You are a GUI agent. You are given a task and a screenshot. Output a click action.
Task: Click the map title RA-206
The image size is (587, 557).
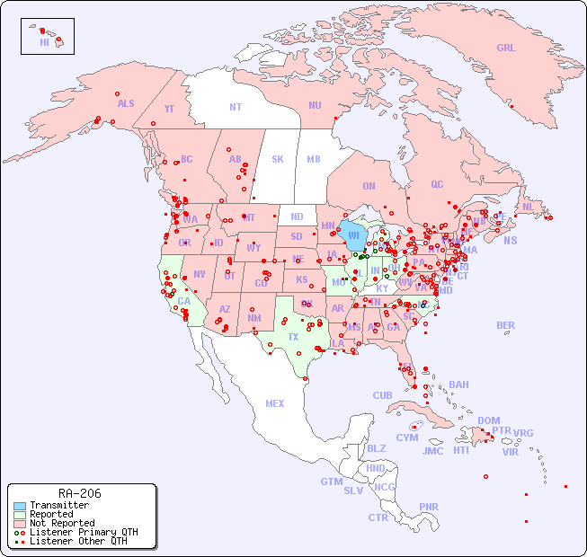(x=79, y=493)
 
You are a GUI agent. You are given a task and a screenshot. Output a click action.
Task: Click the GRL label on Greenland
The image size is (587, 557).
(x=506, y=49)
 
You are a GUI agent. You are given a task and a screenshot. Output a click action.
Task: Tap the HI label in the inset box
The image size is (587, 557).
(x=44, y=41)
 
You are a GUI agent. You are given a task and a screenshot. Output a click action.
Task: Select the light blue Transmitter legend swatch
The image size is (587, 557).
(x=19, y=506)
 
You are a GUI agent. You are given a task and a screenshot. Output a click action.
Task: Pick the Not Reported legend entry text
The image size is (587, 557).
(x=61, y=523)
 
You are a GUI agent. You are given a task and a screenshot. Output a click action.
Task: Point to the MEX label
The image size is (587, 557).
(x=275, y=403)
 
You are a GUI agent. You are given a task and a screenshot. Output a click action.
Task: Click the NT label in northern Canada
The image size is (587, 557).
(x=236, y=106)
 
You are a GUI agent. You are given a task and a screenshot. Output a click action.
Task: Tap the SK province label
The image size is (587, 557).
(x=278, y=159)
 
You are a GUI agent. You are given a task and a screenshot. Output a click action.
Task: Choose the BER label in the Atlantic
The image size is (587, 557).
(x=506, y=325)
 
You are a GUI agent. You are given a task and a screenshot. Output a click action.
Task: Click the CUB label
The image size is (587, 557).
(x=382, y=395)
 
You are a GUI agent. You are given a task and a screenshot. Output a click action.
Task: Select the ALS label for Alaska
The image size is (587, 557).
(x=126, y=103)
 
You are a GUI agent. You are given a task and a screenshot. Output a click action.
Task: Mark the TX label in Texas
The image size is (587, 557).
(x=293, y=337)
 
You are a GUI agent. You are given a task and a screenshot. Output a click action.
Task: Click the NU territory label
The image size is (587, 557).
(x=315, y=105)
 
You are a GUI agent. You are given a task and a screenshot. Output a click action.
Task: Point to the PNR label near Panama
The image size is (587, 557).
(x=429, y=507)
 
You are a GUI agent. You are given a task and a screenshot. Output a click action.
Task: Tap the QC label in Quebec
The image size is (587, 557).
(x=437, y=184)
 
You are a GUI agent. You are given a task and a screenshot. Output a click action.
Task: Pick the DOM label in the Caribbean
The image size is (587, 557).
(x=488, y=420)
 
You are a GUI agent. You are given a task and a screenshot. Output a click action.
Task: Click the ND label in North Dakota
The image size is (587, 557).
(x=297, y=217)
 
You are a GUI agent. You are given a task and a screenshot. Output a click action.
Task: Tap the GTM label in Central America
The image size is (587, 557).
(x=332, y=482)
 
